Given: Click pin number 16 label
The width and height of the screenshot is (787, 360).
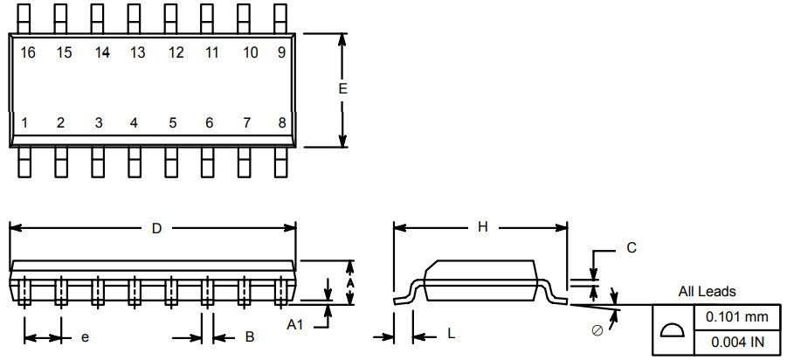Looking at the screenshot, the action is click(28, 52).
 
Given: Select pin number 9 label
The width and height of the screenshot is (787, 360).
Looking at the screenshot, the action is click(281, 52).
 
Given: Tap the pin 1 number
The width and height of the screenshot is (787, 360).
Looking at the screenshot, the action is click(24, 122).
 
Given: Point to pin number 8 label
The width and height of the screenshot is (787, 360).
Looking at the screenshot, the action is click(282, 122).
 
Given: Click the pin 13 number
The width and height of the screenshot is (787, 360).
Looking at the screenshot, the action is click(137, 52).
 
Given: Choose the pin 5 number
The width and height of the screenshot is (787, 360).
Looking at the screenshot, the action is click(173, 122).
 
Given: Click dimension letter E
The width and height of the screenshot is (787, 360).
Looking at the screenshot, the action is click(342, 89).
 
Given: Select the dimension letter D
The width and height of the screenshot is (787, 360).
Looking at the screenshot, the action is click(156, 228).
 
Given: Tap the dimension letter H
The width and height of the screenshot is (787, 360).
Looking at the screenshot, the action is click(482, 227).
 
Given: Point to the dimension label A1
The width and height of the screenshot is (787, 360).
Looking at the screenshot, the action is click(295, 325).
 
